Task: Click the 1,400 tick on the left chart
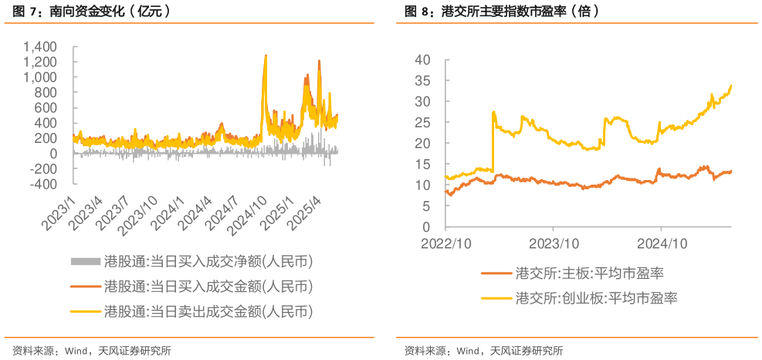point(41,47)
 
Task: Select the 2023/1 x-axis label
point(59,212)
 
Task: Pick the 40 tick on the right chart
point(422,59)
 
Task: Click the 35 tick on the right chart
point(422,80)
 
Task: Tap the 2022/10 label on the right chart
point(445,243)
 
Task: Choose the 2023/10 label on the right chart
point(553,243)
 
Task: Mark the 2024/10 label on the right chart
point(661,243)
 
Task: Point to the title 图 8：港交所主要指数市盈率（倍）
point(502,12)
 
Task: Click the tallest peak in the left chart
point(266,56)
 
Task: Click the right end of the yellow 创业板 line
point(730,86)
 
